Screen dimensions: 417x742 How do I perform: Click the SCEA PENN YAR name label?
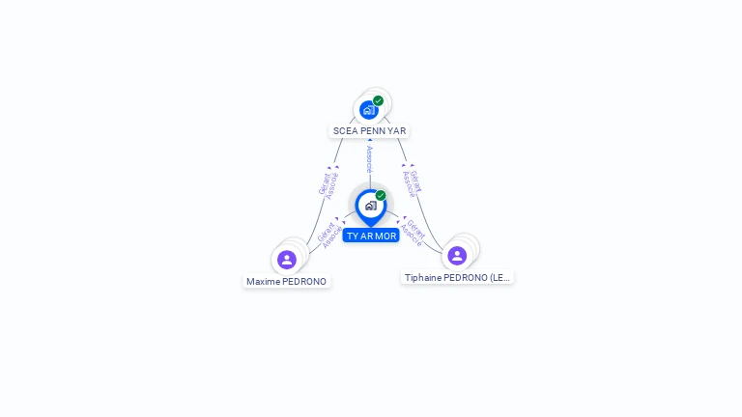point(370,130)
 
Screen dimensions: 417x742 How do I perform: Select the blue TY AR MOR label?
point(371,236)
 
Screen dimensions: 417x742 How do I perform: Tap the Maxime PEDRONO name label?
point(286,282)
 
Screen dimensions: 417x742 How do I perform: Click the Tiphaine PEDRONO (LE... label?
point(457,277)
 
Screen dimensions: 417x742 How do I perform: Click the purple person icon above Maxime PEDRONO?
point(287,260)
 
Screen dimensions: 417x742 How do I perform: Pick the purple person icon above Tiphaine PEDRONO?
point(457,255)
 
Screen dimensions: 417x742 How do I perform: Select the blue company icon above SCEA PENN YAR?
point(368,110)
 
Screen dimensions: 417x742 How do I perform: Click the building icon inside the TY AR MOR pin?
point(370,206)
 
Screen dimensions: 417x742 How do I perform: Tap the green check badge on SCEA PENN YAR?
point(378,100)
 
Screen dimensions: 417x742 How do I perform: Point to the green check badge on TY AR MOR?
point(381,196)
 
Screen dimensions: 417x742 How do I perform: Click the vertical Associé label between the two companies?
point(369,159)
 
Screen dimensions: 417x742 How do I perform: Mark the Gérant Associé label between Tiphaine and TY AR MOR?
point(413,233)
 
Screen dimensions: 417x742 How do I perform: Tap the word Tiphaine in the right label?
point(422,277)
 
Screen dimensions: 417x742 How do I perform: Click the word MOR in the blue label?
point(385,236)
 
